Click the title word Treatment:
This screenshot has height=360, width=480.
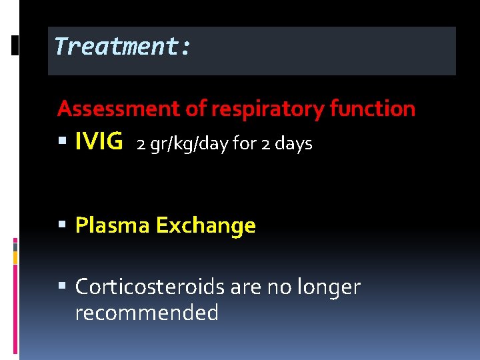tap(123, 47)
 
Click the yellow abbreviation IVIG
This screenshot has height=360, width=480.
tap(99, 141)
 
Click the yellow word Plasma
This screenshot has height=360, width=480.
tap(112, 226)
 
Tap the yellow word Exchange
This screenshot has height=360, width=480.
tap(205, 226)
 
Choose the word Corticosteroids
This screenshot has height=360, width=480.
tap(150, 287)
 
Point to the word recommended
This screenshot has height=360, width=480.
tap(147, 312)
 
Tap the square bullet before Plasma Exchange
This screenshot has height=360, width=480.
tap(63, 226)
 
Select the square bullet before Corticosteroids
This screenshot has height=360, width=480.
tap(63, 287)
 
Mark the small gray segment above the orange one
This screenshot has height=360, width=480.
tap(15, 245)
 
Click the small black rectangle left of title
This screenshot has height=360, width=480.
tap(16, 45)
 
